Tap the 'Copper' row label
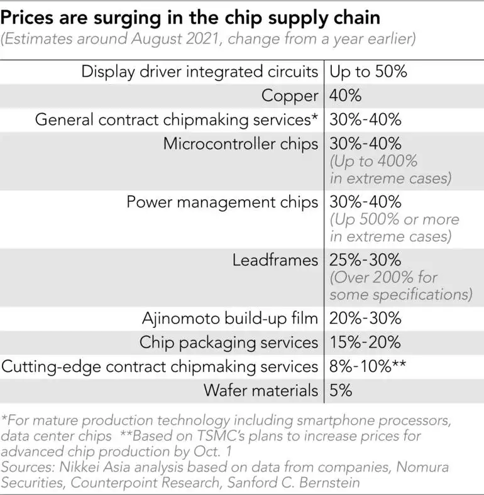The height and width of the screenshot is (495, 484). (290, 95)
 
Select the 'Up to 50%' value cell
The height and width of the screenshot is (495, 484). (368, 71)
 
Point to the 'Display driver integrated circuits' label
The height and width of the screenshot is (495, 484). (199, 71)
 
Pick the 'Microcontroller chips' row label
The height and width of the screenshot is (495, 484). (240, 144)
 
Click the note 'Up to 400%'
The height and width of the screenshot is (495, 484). (373, 161)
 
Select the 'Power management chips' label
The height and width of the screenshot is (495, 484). (223, 202)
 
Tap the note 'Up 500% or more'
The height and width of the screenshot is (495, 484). (394, 220)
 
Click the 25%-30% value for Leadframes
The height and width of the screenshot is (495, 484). (365, 259)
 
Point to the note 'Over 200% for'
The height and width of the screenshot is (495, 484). (383, 277)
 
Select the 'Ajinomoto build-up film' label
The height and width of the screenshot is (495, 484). (230, 318)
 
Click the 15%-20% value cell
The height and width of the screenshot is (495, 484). (365, 342)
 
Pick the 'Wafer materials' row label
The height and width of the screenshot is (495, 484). (260, 390)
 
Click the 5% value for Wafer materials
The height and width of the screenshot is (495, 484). (341, 390)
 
